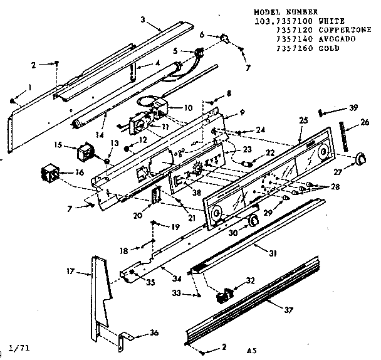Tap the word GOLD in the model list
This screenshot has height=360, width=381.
(330, 48)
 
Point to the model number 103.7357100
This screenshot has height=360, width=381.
(279, 20)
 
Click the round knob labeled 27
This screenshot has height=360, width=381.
(360, 159)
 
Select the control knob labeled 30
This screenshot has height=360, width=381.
(253, 221)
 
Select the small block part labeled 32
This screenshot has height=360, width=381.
(224, 294)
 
